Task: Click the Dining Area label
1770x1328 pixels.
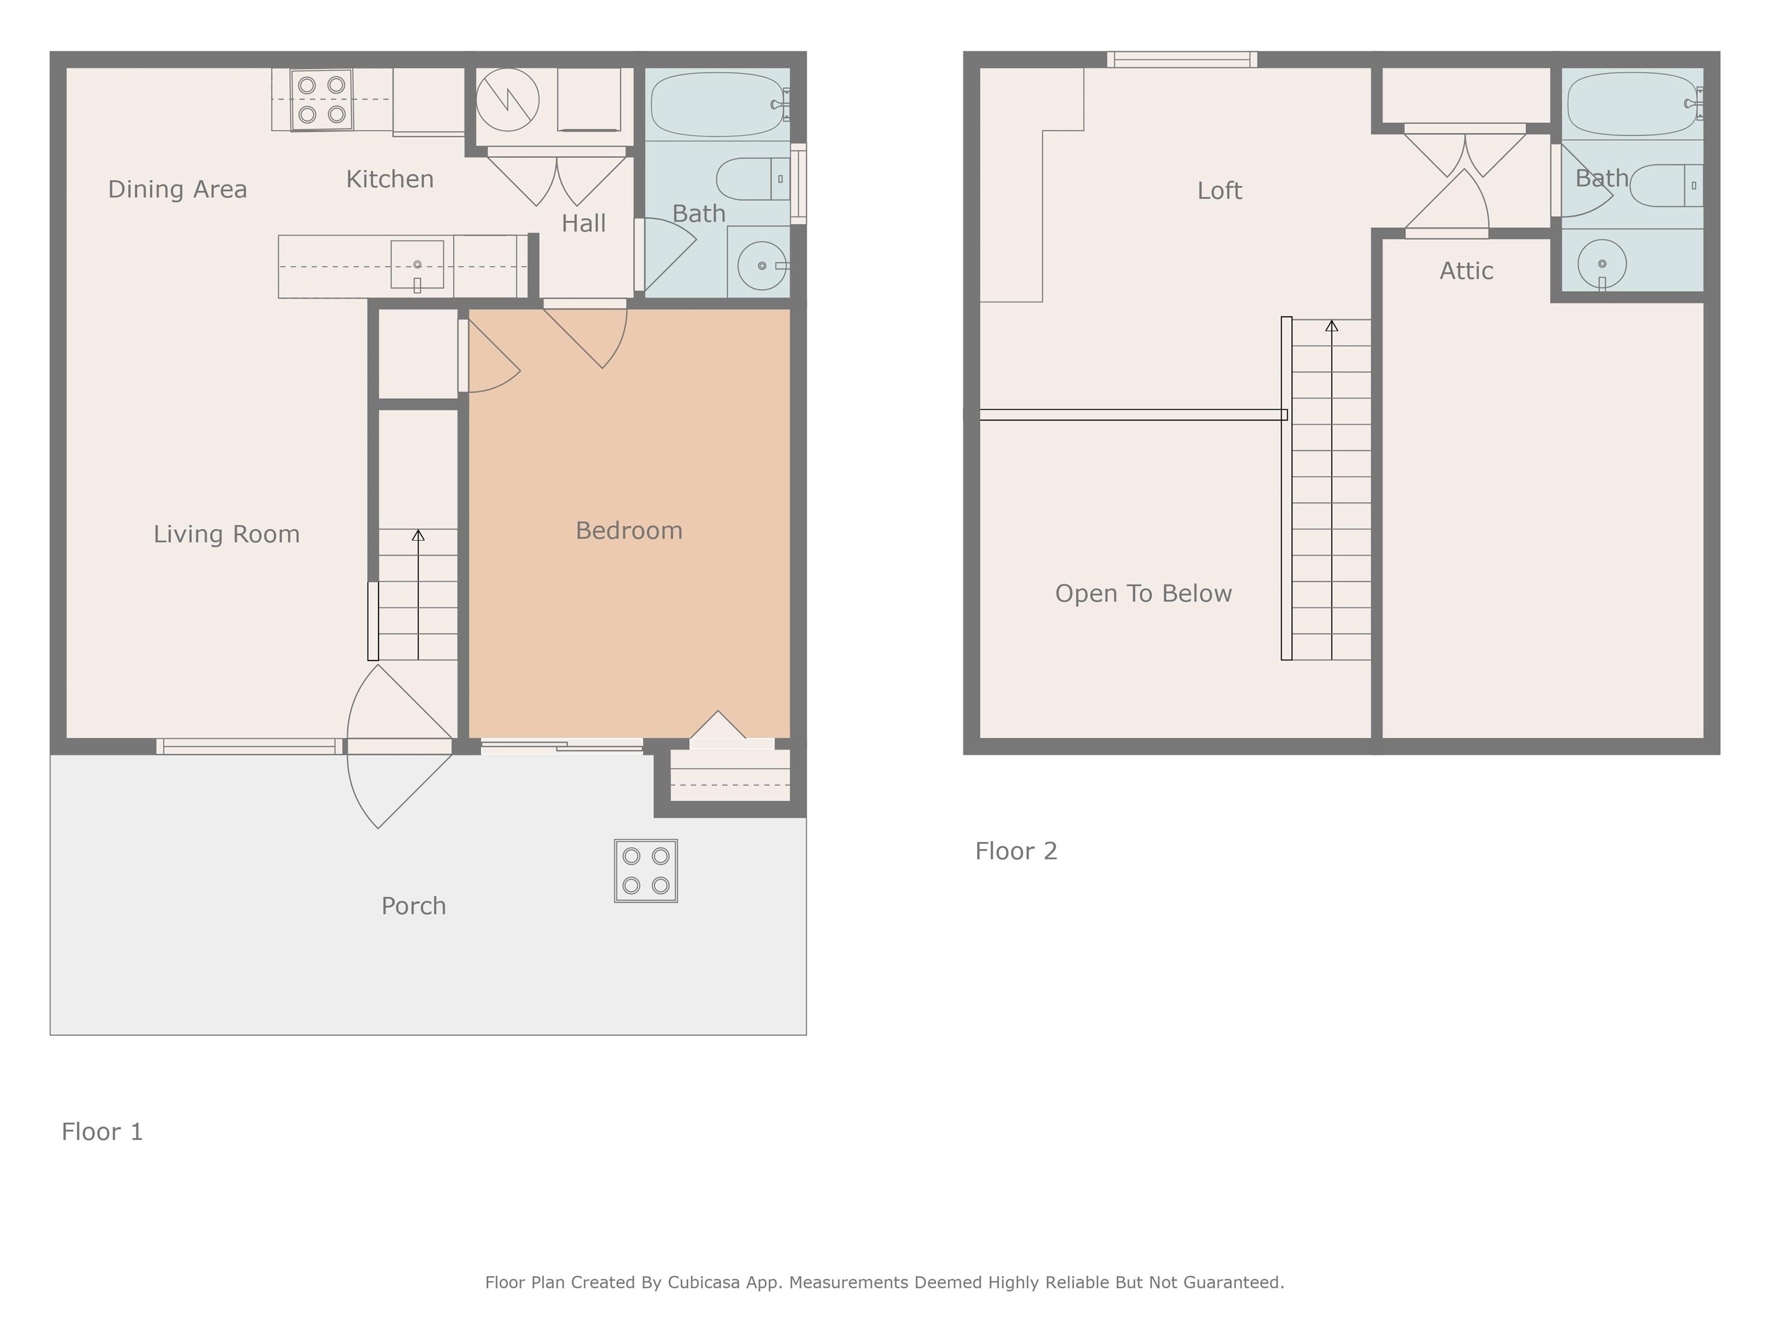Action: (x=177, y=190)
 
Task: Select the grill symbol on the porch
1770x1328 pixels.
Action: (x=646, y=871)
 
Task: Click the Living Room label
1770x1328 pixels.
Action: (x=226, y=534)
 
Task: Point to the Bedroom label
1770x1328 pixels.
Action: (x=629, y=531)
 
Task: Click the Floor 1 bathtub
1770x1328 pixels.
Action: (x=718, y=105)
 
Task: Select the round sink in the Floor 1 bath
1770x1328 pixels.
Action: (x=762, y=265)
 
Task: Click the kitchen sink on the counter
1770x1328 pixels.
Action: (x=417, y=264)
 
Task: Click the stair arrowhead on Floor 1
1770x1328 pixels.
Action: (x=418, y=535)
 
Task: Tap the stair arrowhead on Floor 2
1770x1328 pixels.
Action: (x=1332, y=326)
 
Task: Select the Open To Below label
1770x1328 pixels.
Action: (x=1144, y=593)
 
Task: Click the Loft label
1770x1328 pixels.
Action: (x=1220, y=191)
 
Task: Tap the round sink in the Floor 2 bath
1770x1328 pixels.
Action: (x=1602, y=263)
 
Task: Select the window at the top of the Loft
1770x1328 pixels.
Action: (x=1182, y=59)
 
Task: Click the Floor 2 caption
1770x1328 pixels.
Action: (x=1016, y=851)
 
